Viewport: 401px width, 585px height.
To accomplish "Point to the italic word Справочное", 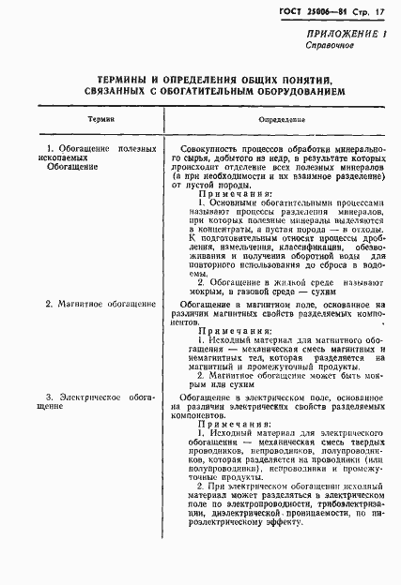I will [328, 45].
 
